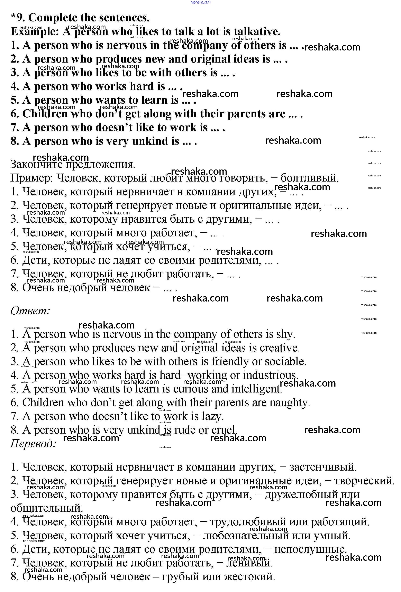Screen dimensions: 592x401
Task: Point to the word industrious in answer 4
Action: tap(270, 375)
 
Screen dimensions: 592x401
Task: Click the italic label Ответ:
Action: tap(30, 311)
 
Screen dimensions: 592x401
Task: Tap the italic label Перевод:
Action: tap(33, 444)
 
